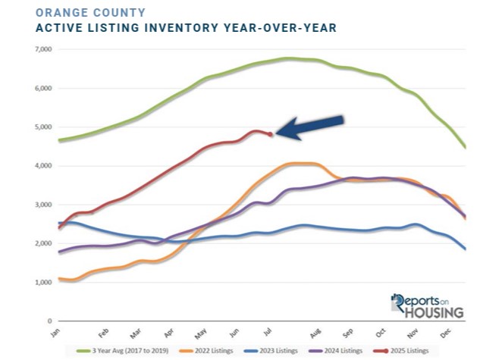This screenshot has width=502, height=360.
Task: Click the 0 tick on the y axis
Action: (x=46, y=321)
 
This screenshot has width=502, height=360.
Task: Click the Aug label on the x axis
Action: (x=315, y=333)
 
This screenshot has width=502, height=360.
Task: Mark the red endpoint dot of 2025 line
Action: (x=271, y=134)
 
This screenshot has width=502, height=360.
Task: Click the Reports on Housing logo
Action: (x=427, y=305)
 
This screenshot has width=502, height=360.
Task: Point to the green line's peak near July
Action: (x=288, y=58)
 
